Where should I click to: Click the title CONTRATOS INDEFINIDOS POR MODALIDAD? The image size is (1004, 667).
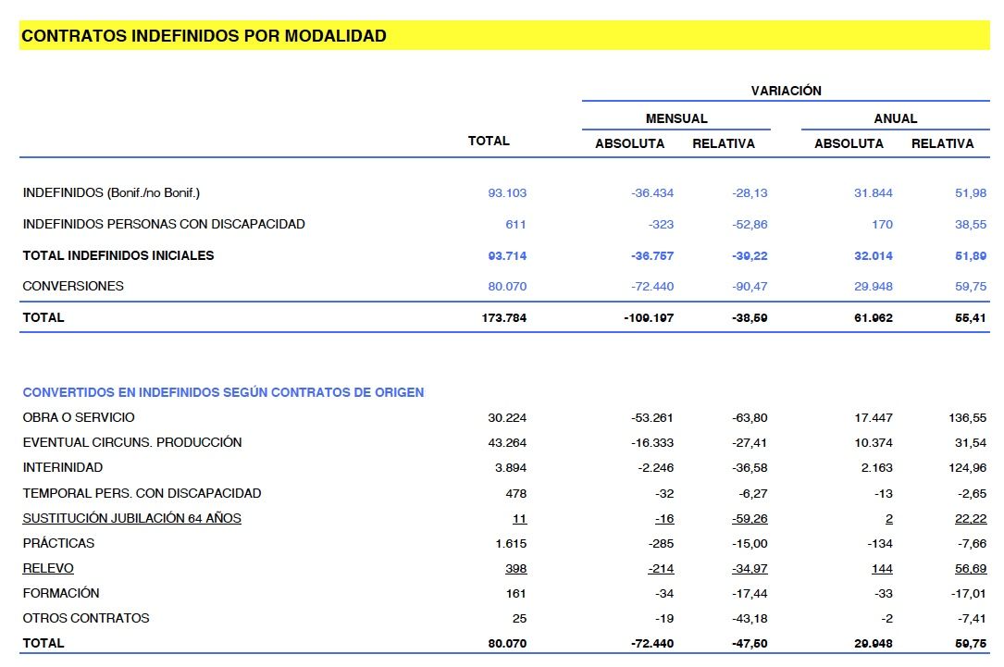(204, 36)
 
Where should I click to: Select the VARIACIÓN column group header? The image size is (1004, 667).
(786, 91)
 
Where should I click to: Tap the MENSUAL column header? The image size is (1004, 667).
(676, 118)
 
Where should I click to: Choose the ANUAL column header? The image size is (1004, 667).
(895, 118)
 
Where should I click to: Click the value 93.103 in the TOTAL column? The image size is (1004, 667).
(507, 193)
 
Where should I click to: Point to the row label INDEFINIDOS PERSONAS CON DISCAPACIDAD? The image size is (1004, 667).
(164, 224)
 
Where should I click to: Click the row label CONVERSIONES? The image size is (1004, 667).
(73, 286)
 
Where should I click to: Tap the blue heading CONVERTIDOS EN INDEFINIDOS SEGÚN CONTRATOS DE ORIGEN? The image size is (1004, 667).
(223, 392)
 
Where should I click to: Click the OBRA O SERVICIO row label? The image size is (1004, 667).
(79, 417)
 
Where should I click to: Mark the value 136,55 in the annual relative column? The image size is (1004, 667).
(967, 418)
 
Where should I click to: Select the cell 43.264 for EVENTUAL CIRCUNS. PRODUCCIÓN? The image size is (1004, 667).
(507, 443)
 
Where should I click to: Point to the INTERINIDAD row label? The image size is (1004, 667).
(63, 468)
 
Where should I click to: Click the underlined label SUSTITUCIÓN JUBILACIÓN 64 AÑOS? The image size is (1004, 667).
(131, 518)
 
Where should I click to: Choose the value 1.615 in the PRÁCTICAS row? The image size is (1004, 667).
(511, 544)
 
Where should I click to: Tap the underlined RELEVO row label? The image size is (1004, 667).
(48, 568)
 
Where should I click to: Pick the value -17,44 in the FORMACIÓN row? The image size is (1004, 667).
(750, 594)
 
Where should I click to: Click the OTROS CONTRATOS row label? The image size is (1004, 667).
(86, 618)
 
